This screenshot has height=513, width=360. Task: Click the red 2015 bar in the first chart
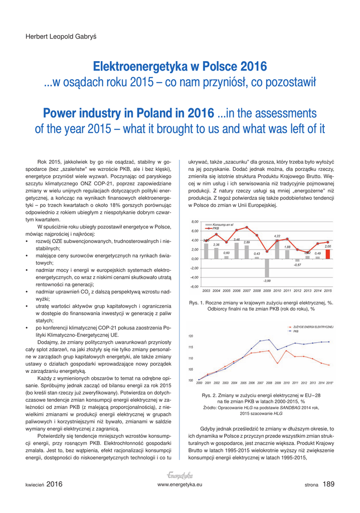point(328,254)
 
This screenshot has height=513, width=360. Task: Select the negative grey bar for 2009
point(267,268)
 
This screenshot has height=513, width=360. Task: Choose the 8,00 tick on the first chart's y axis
point(195,221)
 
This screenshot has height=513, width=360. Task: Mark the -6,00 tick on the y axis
point(195,287)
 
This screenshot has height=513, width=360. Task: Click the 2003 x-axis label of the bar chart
point(206,291)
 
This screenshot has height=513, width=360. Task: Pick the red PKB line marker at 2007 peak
point(247,227)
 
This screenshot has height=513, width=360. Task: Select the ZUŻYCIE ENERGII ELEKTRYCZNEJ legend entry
point(313,327)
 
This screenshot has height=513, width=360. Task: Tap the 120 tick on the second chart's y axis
point(191,336)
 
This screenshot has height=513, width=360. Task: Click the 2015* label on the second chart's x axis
point(329,382)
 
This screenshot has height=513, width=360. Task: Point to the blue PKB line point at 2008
point(269,340)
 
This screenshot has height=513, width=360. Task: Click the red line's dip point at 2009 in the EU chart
point(278,363)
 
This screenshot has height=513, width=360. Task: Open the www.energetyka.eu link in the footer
point(179,485)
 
